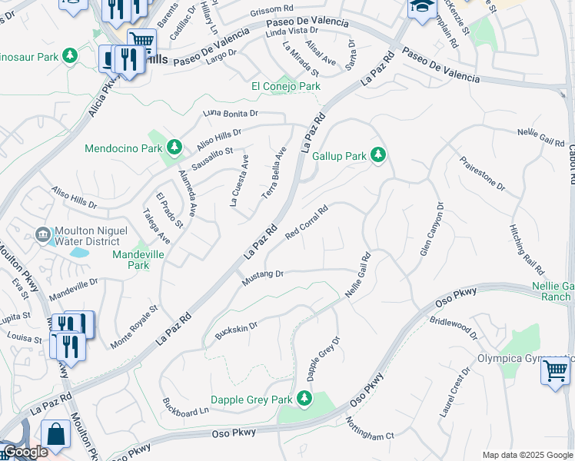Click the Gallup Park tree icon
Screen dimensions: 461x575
(377, 156)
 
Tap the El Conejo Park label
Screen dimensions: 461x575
(286, 87)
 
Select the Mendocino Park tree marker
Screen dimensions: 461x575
(174, 147)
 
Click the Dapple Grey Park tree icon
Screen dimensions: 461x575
(305, 399)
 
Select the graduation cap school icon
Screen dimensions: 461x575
(422, 8)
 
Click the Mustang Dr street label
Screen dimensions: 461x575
(263, 277)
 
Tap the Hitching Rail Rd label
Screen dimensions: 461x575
(527, 250)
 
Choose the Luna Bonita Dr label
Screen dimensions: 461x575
(230, 114)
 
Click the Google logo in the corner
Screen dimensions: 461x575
(25, 453)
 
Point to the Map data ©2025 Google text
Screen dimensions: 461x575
(527, 455)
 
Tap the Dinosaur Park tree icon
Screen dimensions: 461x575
(69, 56)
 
